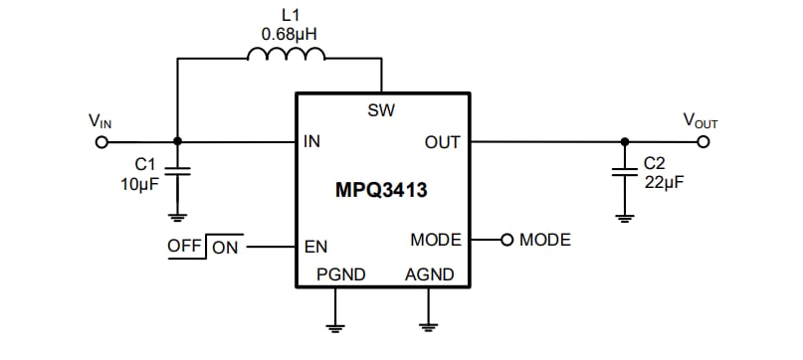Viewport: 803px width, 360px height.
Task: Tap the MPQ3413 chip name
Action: click(381, 191)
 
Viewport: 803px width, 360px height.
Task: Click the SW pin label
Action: click(381, 109)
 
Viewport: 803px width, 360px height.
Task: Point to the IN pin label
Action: click(311, 142)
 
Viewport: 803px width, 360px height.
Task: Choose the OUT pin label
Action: click(442, 142)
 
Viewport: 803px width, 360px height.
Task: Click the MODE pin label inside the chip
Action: click(436, 240)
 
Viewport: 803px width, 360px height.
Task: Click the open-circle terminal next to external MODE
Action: click(506, 240)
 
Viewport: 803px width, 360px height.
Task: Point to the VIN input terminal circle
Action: click(100, 141)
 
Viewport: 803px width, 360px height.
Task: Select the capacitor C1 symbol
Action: click(177, 171)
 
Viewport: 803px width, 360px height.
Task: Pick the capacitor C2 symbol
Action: click(624, 171)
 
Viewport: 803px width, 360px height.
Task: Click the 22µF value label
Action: click(664, 182)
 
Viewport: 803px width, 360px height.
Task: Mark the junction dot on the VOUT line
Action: click(624, 141)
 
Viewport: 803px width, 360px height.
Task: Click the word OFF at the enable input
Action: click(185, 246)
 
